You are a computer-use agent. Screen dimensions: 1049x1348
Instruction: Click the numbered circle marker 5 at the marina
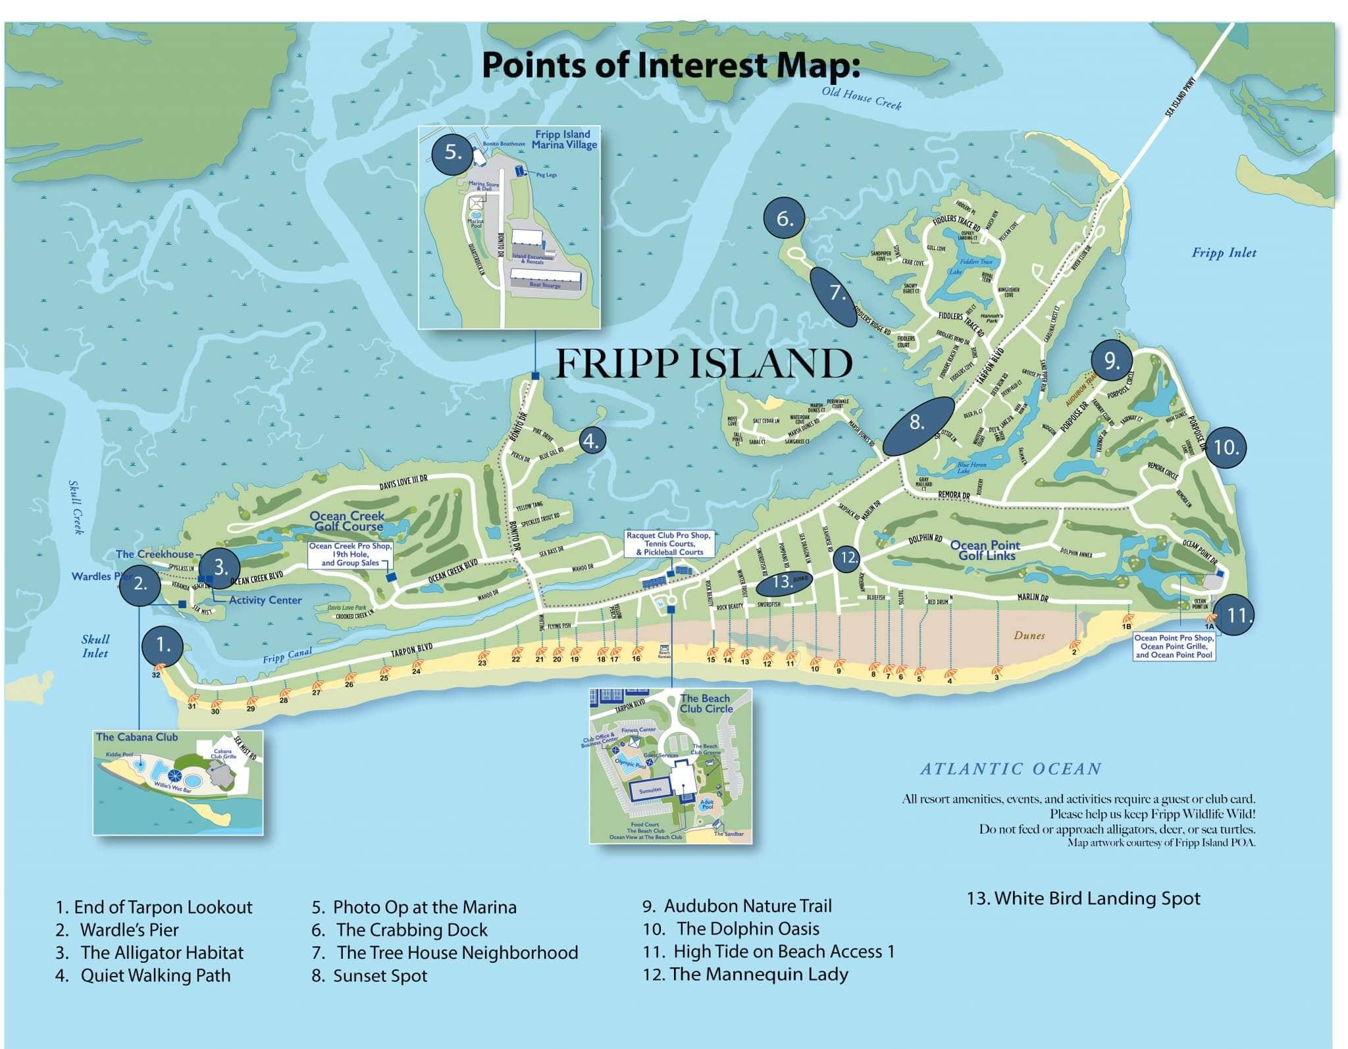tap(452, 153)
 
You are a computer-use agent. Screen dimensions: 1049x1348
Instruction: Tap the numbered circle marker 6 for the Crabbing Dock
tap(784, 218)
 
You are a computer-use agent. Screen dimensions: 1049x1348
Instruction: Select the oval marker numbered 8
tap(918, 425)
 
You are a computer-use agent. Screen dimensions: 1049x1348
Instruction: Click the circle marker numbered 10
tap(1226, 448)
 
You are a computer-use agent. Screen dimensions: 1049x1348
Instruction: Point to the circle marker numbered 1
tap(163, 646)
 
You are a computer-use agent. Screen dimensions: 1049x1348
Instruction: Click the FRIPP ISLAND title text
tap(704, 364)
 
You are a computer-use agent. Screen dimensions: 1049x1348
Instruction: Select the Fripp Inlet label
tap(1224, 253)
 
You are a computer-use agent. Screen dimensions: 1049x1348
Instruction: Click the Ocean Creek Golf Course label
tap(348, 521)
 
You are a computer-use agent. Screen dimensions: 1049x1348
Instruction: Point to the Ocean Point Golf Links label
tap(985, 550)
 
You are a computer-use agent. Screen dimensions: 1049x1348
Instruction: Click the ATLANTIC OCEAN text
tap(1010, 769)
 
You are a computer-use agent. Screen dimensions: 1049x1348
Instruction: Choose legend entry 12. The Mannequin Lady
tap(745, 974)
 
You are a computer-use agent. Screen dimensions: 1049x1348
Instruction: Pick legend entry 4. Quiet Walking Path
tap(143, 975)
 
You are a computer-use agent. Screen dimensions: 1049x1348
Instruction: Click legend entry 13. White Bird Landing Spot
tap(1083, 898)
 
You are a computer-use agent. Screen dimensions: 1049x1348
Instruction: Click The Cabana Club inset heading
tap(137, 737)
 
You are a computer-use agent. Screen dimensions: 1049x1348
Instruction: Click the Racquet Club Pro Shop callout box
tap(669, 544)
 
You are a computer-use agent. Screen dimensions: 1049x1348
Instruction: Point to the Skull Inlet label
tap(95, 646)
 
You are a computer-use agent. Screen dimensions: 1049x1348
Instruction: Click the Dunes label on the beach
tap(1029, 635)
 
